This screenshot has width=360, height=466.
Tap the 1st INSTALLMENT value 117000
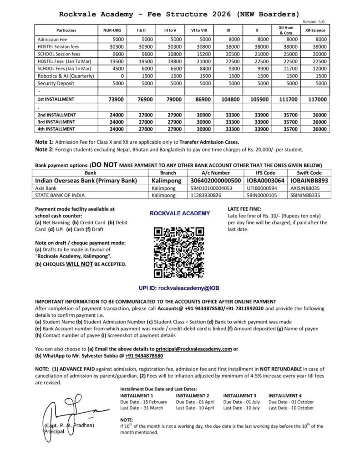point(317,99)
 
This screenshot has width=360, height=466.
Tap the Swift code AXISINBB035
point(305,187)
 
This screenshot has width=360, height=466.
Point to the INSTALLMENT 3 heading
point(239,396)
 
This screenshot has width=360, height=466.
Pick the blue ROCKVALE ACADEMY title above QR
point(180,213)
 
